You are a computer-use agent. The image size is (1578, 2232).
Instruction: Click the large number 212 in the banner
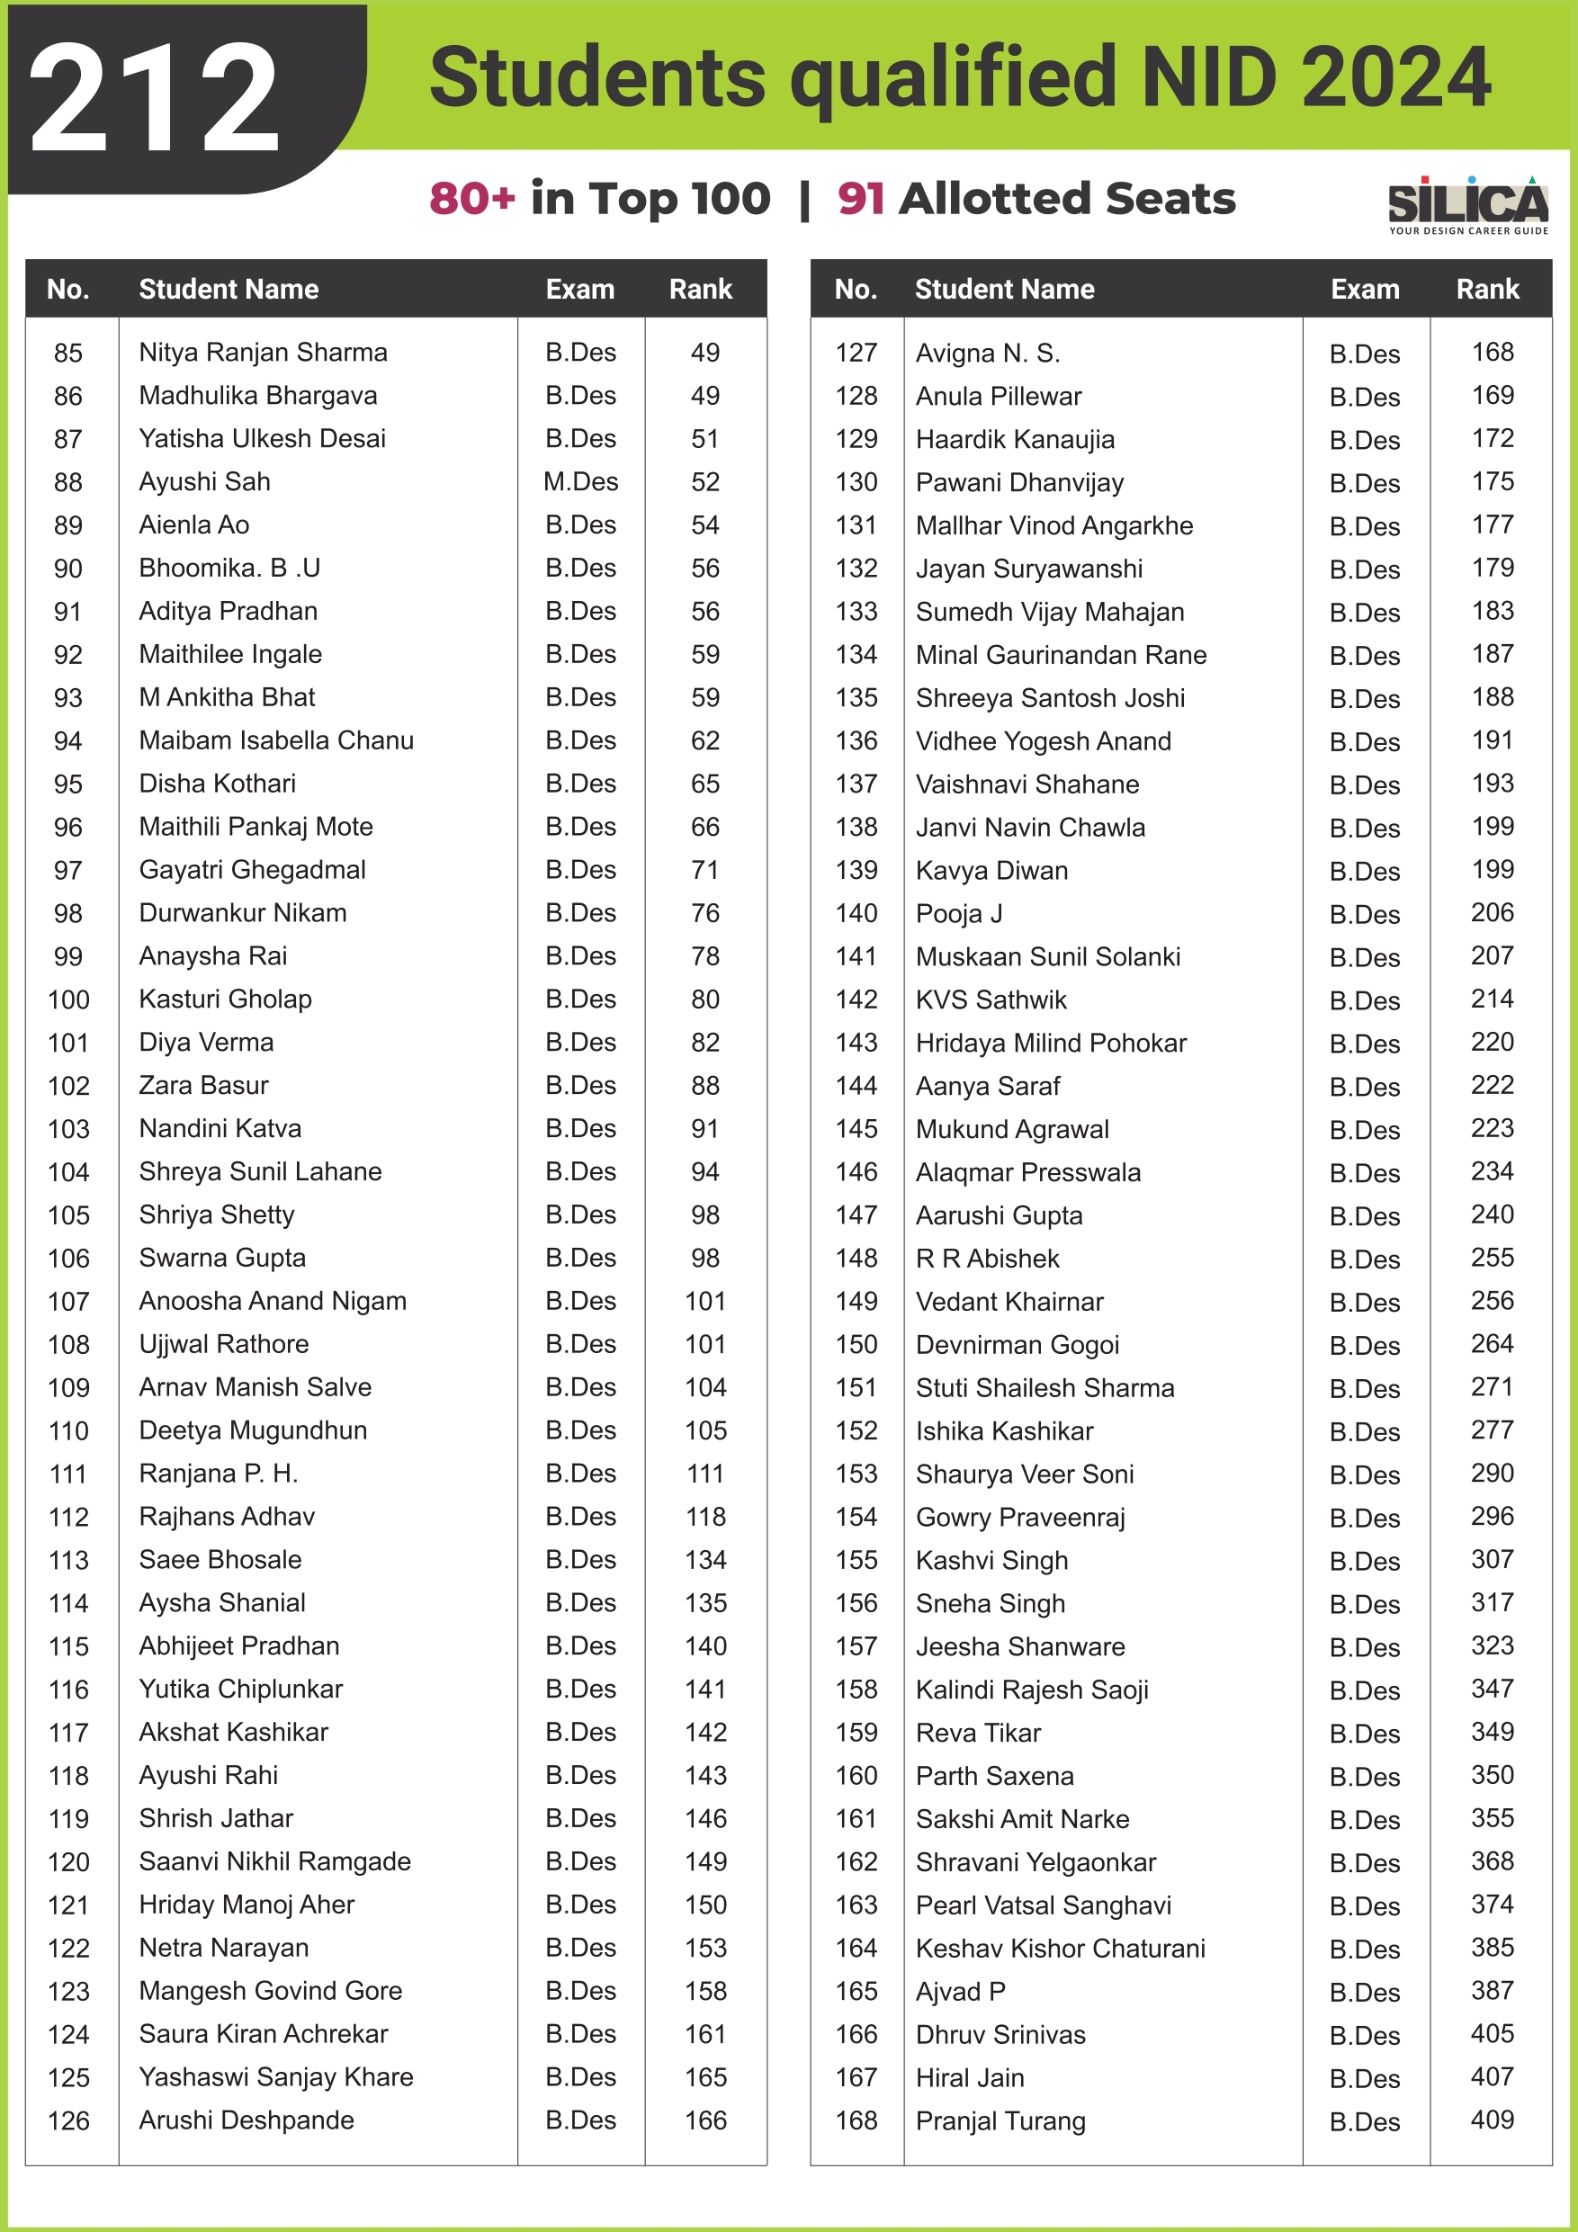pyautogui.click(x=154, y=99)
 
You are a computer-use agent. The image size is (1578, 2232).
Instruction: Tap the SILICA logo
pyautogui.click(x=1467, y=204)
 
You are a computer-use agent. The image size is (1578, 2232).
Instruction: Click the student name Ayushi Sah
pyautogui.click(x=204, y=482)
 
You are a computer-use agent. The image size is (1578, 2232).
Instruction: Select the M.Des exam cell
pyautogui.click(x=580, y=482)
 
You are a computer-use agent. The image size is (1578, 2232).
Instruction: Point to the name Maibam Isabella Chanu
pyautogui.click(x=276, y=740)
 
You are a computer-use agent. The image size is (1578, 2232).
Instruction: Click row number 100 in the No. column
pyautogui.click(x=68, y=999)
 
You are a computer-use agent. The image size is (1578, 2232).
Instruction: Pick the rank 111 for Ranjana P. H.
pyautogui.click(x=705, y=1474)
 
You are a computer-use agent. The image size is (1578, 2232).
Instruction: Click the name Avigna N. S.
pyautogui.click(x=988, y=353)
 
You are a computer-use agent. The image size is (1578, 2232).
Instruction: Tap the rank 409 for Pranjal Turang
pyautogui.click(x=1492, y=2120)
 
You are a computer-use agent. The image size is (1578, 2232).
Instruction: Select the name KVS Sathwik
pyautogui.click(x=991, y=999)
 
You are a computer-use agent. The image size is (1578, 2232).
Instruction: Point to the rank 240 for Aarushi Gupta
pyautogui.click(x=1492, y=1215)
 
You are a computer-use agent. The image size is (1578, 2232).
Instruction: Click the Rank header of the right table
pyautogui.click(x=1486, y=289)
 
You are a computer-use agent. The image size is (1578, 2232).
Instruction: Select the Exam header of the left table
pyautogui.click(x=579, y=289)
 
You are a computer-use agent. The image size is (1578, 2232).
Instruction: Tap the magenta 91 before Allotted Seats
pyautogui.click(x=860, y=198)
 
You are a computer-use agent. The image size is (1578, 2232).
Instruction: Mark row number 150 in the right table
pyautogui.click(x=856, y=1344)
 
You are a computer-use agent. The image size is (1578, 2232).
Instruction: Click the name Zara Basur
pyautogui.click(x=203, y=1086)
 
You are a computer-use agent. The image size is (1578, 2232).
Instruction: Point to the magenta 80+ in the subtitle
pyautogui.click(x=471, y=198)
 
